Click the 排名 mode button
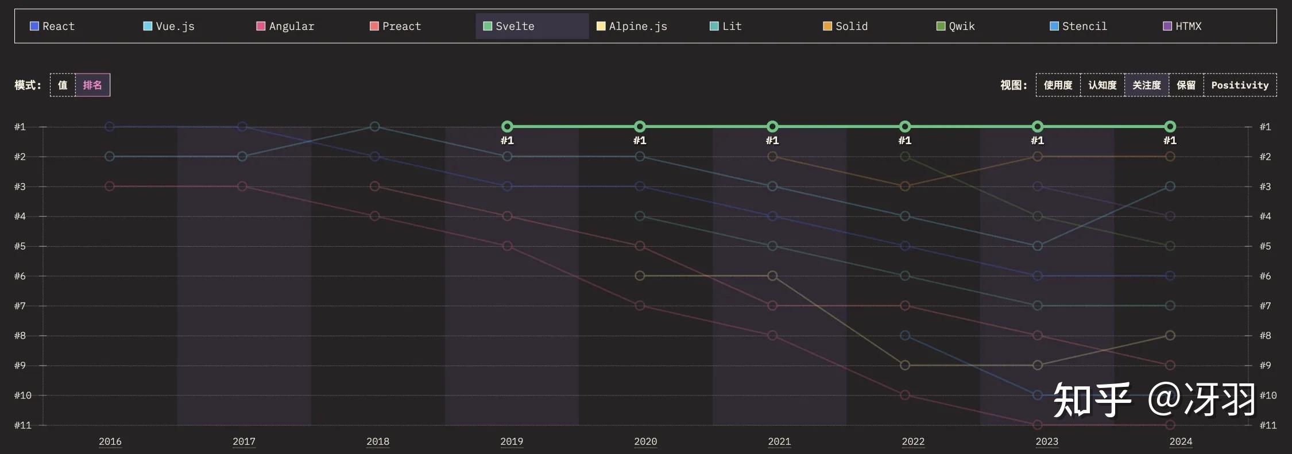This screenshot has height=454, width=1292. [92, 85]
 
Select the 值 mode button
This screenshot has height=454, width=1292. [63, 85]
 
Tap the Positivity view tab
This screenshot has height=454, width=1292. [1240, 85]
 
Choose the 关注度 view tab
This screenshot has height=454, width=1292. [1146, 85]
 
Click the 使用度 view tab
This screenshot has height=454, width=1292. [1058, 85]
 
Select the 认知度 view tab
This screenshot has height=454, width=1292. [1102, 85]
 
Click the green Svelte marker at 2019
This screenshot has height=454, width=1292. [507, 126]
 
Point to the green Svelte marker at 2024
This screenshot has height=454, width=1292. [1170, 126]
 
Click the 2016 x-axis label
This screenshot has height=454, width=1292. [110, 441]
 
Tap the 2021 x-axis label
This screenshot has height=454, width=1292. [779, 441]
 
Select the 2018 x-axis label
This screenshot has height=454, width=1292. [377, 441]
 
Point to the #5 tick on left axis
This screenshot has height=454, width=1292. [20, 246]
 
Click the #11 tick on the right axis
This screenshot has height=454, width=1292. [1267, 425]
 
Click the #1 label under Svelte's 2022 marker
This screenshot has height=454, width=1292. [904, 141]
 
